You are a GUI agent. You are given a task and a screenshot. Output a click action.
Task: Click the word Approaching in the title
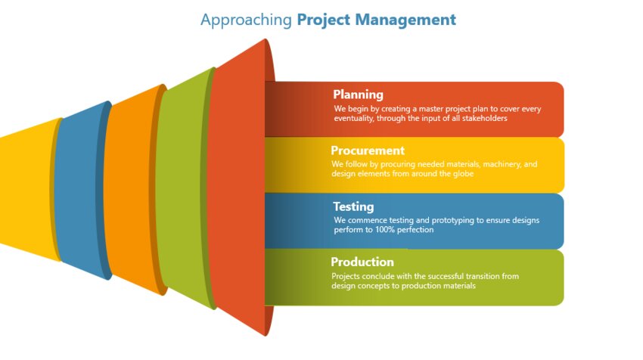246,20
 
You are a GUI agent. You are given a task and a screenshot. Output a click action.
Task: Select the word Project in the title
324,20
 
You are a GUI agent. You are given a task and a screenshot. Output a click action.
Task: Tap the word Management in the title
405,20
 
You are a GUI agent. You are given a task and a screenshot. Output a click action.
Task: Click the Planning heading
358,95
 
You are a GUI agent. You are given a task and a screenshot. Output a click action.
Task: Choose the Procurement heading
368,151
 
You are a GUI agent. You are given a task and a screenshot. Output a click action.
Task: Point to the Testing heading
353,206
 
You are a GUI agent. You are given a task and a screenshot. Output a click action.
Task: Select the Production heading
362,262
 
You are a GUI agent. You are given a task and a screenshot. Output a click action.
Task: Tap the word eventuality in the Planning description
353,119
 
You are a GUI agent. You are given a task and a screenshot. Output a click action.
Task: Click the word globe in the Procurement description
463,174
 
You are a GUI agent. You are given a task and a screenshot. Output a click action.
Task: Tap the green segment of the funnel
182,188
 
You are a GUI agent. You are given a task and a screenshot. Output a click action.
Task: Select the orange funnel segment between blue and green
130,189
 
